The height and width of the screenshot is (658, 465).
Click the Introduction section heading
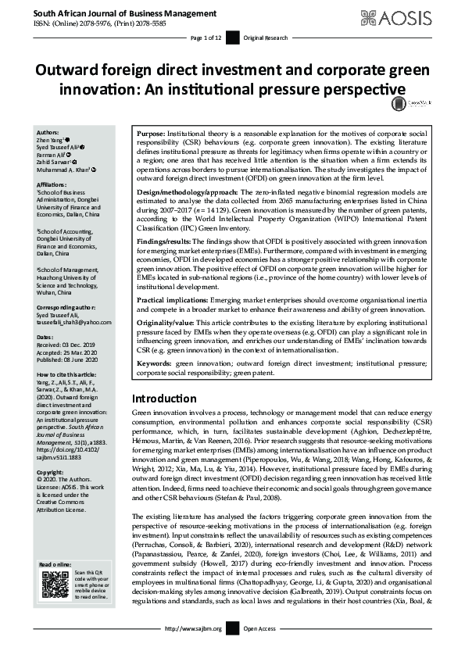pos(164,399)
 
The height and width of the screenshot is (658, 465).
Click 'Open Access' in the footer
pos(259,649)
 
